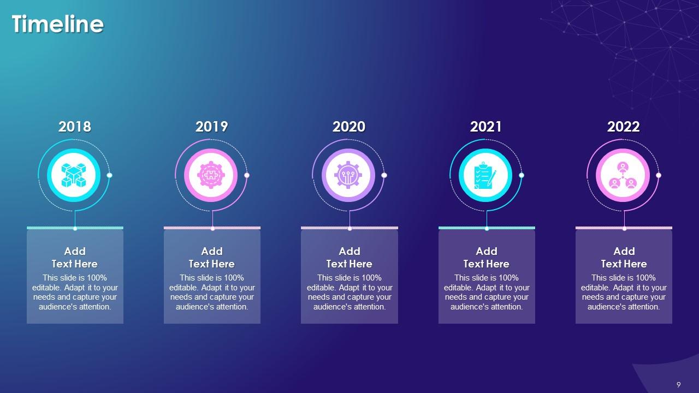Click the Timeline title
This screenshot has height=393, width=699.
pos(57,25)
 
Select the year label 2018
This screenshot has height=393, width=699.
pos(75,127)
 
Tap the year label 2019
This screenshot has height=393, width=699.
pos(212,127)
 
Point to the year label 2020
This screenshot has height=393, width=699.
pos(349,127)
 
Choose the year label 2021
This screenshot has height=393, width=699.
pos(486,127)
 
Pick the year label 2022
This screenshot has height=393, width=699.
pos(624,127)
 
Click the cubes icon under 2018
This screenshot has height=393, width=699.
pos(74,175)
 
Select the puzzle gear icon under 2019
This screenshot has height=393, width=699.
pos(211,175)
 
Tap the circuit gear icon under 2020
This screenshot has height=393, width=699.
pos(348,175)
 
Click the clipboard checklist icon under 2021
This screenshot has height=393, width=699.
pos(485,175)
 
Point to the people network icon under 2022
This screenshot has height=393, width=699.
pos(623,175)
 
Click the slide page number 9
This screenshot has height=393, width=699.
pos(679,384)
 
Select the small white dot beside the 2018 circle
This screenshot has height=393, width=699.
pos(110,175)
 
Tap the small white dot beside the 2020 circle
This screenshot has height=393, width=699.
pos(384,175)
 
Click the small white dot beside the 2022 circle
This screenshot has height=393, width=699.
pos(659,175)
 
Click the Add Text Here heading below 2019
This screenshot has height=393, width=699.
pos(212,258)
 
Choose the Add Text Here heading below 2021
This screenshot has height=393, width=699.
pos(486,258)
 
